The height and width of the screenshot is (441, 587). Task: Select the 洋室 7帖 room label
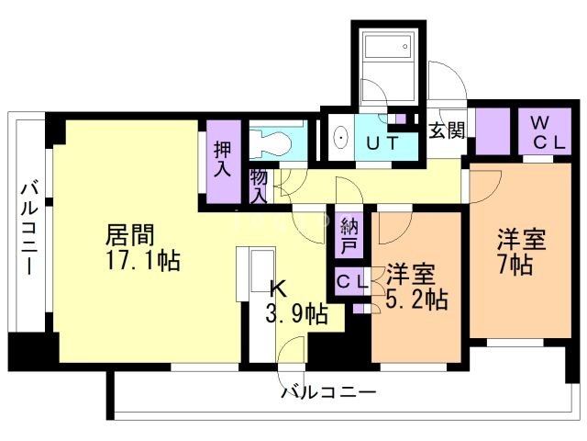521,253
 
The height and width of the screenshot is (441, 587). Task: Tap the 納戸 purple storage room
349,235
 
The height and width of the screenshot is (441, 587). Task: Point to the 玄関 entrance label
447,129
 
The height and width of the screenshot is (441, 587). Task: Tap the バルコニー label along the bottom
327,393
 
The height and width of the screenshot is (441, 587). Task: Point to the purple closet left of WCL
492,132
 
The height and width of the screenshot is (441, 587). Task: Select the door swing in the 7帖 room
483,187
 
